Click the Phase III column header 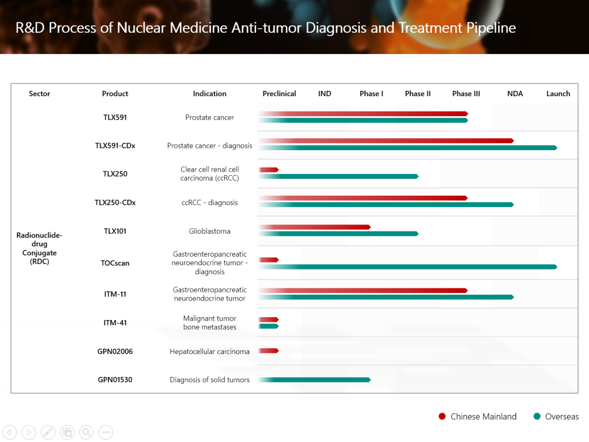click(x=466, y=94)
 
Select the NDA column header click(x=515, y=94)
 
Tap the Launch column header click(x=558, y=94)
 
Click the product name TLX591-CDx click(x=115, y=146)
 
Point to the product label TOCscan click(x=115, y=263)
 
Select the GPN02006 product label click(x=115, y=351)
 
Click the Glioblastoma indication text click(x=209, y=231)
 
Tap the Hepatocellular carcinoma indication click(x=209, y=351)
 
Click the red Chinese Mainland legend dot click(x=442, y=417)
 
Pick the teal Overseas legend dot click(x=537, y=417)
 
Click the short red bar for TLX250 click(x=269, y=170)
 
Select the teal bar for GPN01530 click(x=314, y=380)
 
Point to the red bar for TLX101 click(x=314, y=227)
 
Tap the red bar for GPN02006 click(x=269, y=350)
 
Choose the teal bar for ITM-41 click(x=269, y=326)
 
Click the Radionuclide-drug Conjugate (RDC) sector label click(x=39, y=248)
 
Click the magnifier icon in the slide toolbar click(x=86, y=432)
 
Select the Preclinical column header click(x=279, y=94)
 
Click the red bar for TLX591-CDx click(x=385, y=141)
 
